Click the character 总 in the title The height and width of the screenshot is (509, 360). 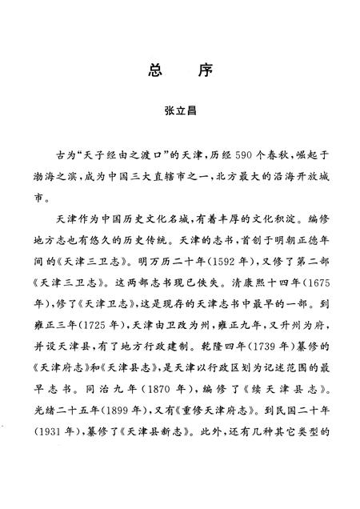click(156, 70)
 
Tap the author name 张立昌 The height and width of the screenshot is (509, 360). click(180, 114)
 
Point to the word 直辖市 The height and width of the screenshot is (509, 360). click(202, 173)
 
